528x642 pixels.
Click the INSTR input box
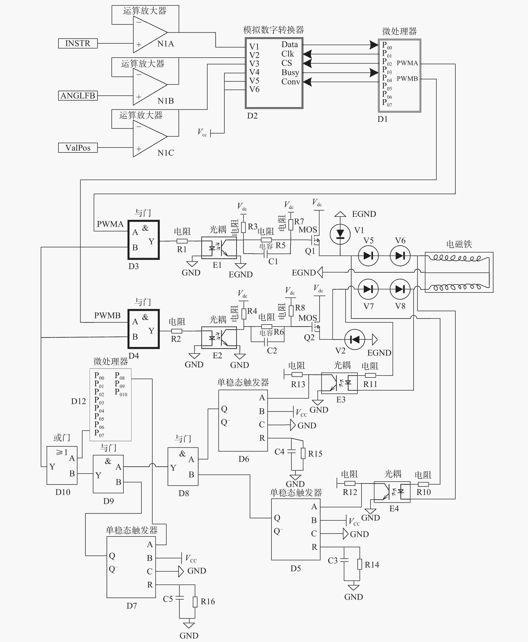click(78, 43)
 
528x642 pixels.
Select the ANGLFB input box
click(78, 96)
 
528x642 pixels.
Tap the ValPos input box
click(78, 148)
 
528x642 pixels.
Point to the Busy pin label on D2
click(290, 72)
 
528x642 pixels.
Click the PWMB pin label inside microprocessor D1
click(407, 78)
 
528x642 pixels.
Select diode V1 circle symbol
click(340, 234)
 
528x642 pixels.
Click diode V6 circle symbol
click(400, 256)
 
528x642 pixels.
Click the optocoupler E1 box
click(219, 248)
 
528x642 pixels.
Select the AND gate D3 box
click(143, 240)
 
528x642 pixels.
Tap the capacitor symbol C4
click(291, 452)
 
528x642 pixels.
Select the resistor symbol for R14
click(360, 564)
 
